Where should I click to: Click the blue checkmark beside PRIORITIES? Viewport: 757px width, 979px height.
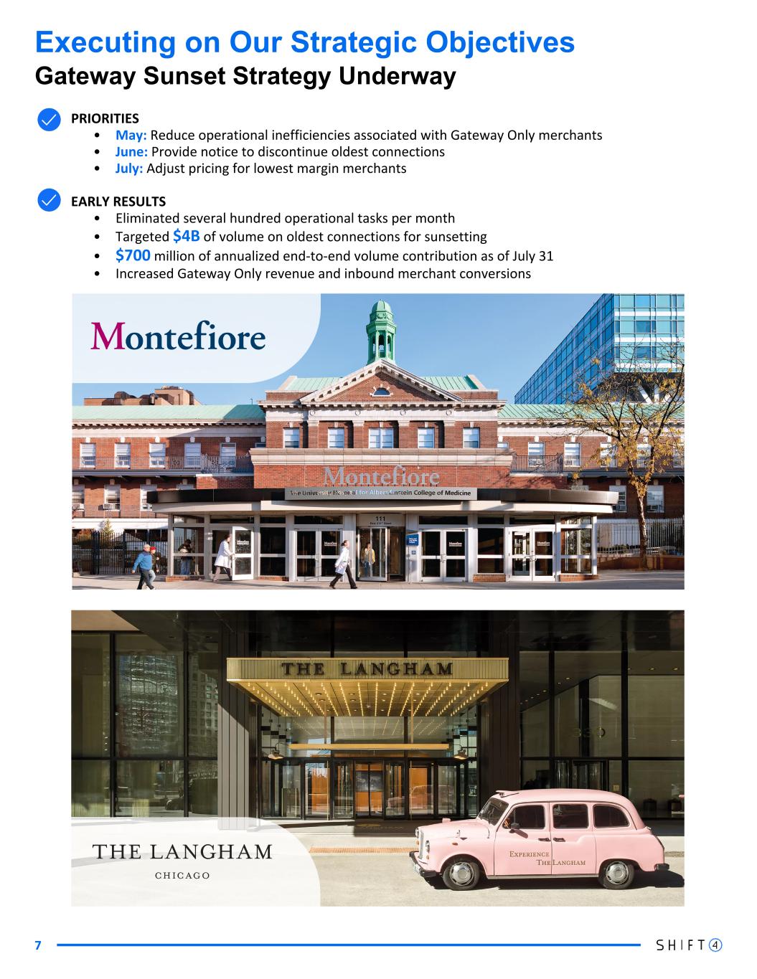click(x=48, y=119)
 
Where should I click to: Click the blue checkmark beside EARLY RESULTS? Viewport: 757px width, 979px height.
click(x=48, y=201)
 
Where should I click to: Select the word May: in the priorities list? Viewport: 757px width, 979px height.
click(x=131, y=135)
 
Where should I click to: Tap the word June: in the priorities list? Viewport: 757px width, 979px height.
click(x=132, y=151)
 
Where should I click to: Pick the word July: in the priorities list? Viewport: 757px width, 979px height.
click(x=129, y=169)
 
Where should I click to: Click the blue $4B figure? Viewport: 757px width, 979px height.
click(x=186, y=236)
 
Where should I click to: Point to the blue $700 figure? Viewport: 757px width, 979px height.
click(x=133, y=255)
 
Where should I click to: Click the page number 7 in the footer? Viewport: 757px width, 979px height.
click(x=39, y=945)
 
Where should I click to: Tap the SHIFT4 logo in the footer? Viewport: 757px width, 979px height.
click(x=688, y=945)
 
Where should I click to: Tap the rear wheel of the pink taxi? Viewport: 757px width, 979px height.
click(x=616, y=872)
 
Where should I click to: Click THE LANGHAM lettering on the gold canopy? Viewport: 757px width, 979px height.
click(x=367, y=669)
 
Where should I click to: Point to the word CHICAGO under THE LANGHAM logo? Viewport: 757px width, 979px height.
click(x=182, y=875)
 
